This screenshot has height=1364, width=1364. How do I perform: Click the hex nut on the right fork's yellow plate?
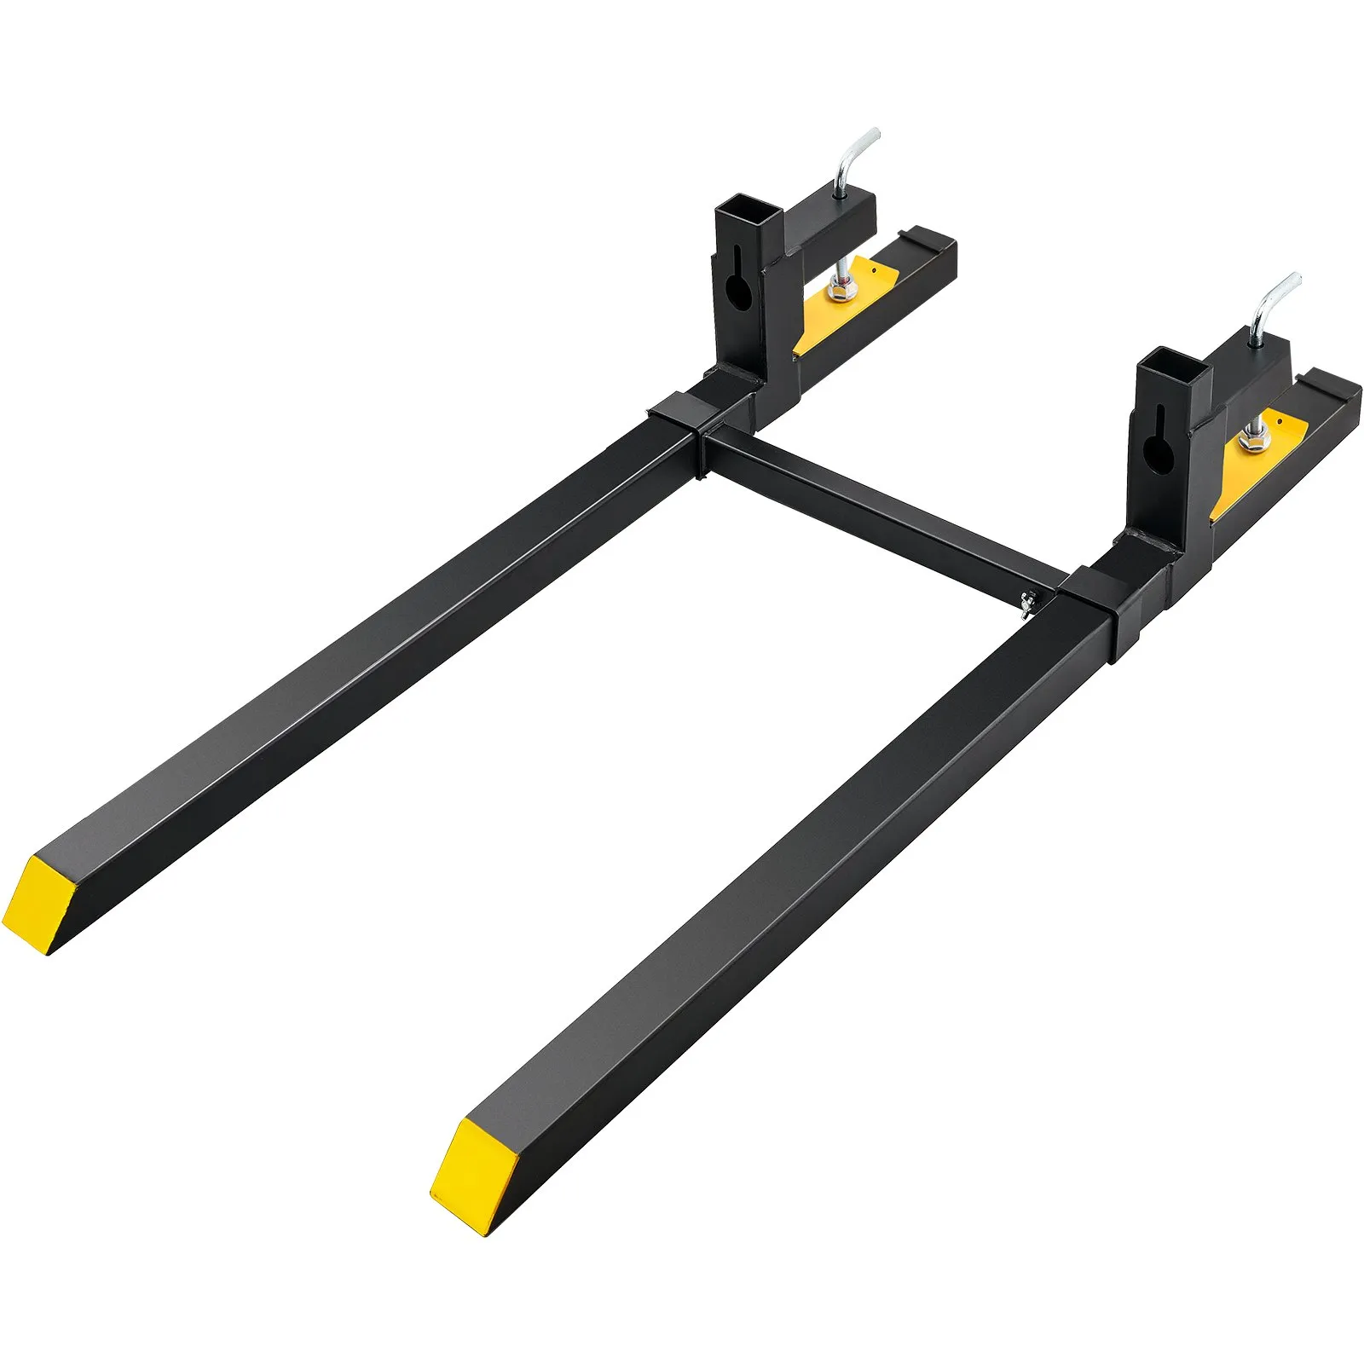pyautogui.click(x=1247, y=442)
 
